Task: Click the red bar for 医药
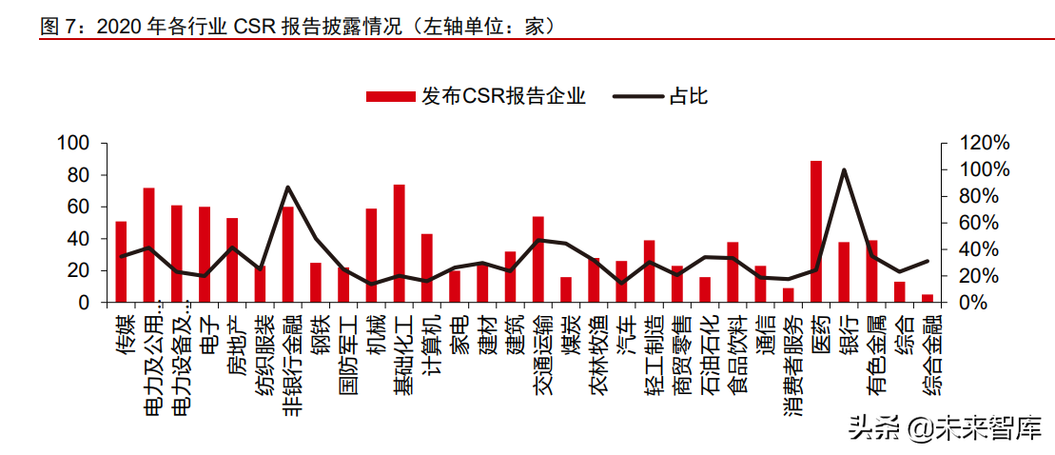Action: [x=816, y=231]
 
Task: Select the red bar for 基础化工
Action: [x=400, y=244]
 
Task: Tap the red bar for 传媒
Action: [x=121, y=262]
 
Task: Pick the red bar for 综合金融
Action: [x=928, y=298]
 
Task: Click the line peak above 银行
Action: [x=844, y=170]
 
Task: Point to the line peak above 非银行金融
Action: [x=288, y=188]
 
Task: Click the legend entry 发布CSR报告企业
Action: [x=476, y=96]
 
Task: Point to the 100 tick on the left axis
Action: [x=73, y=143]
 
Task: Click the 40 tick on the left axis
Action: [x=78, y=239]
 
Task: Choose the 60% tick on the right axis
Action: [x=977, y=223]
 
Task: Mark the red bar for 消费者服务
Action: [x=788, y=295]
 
